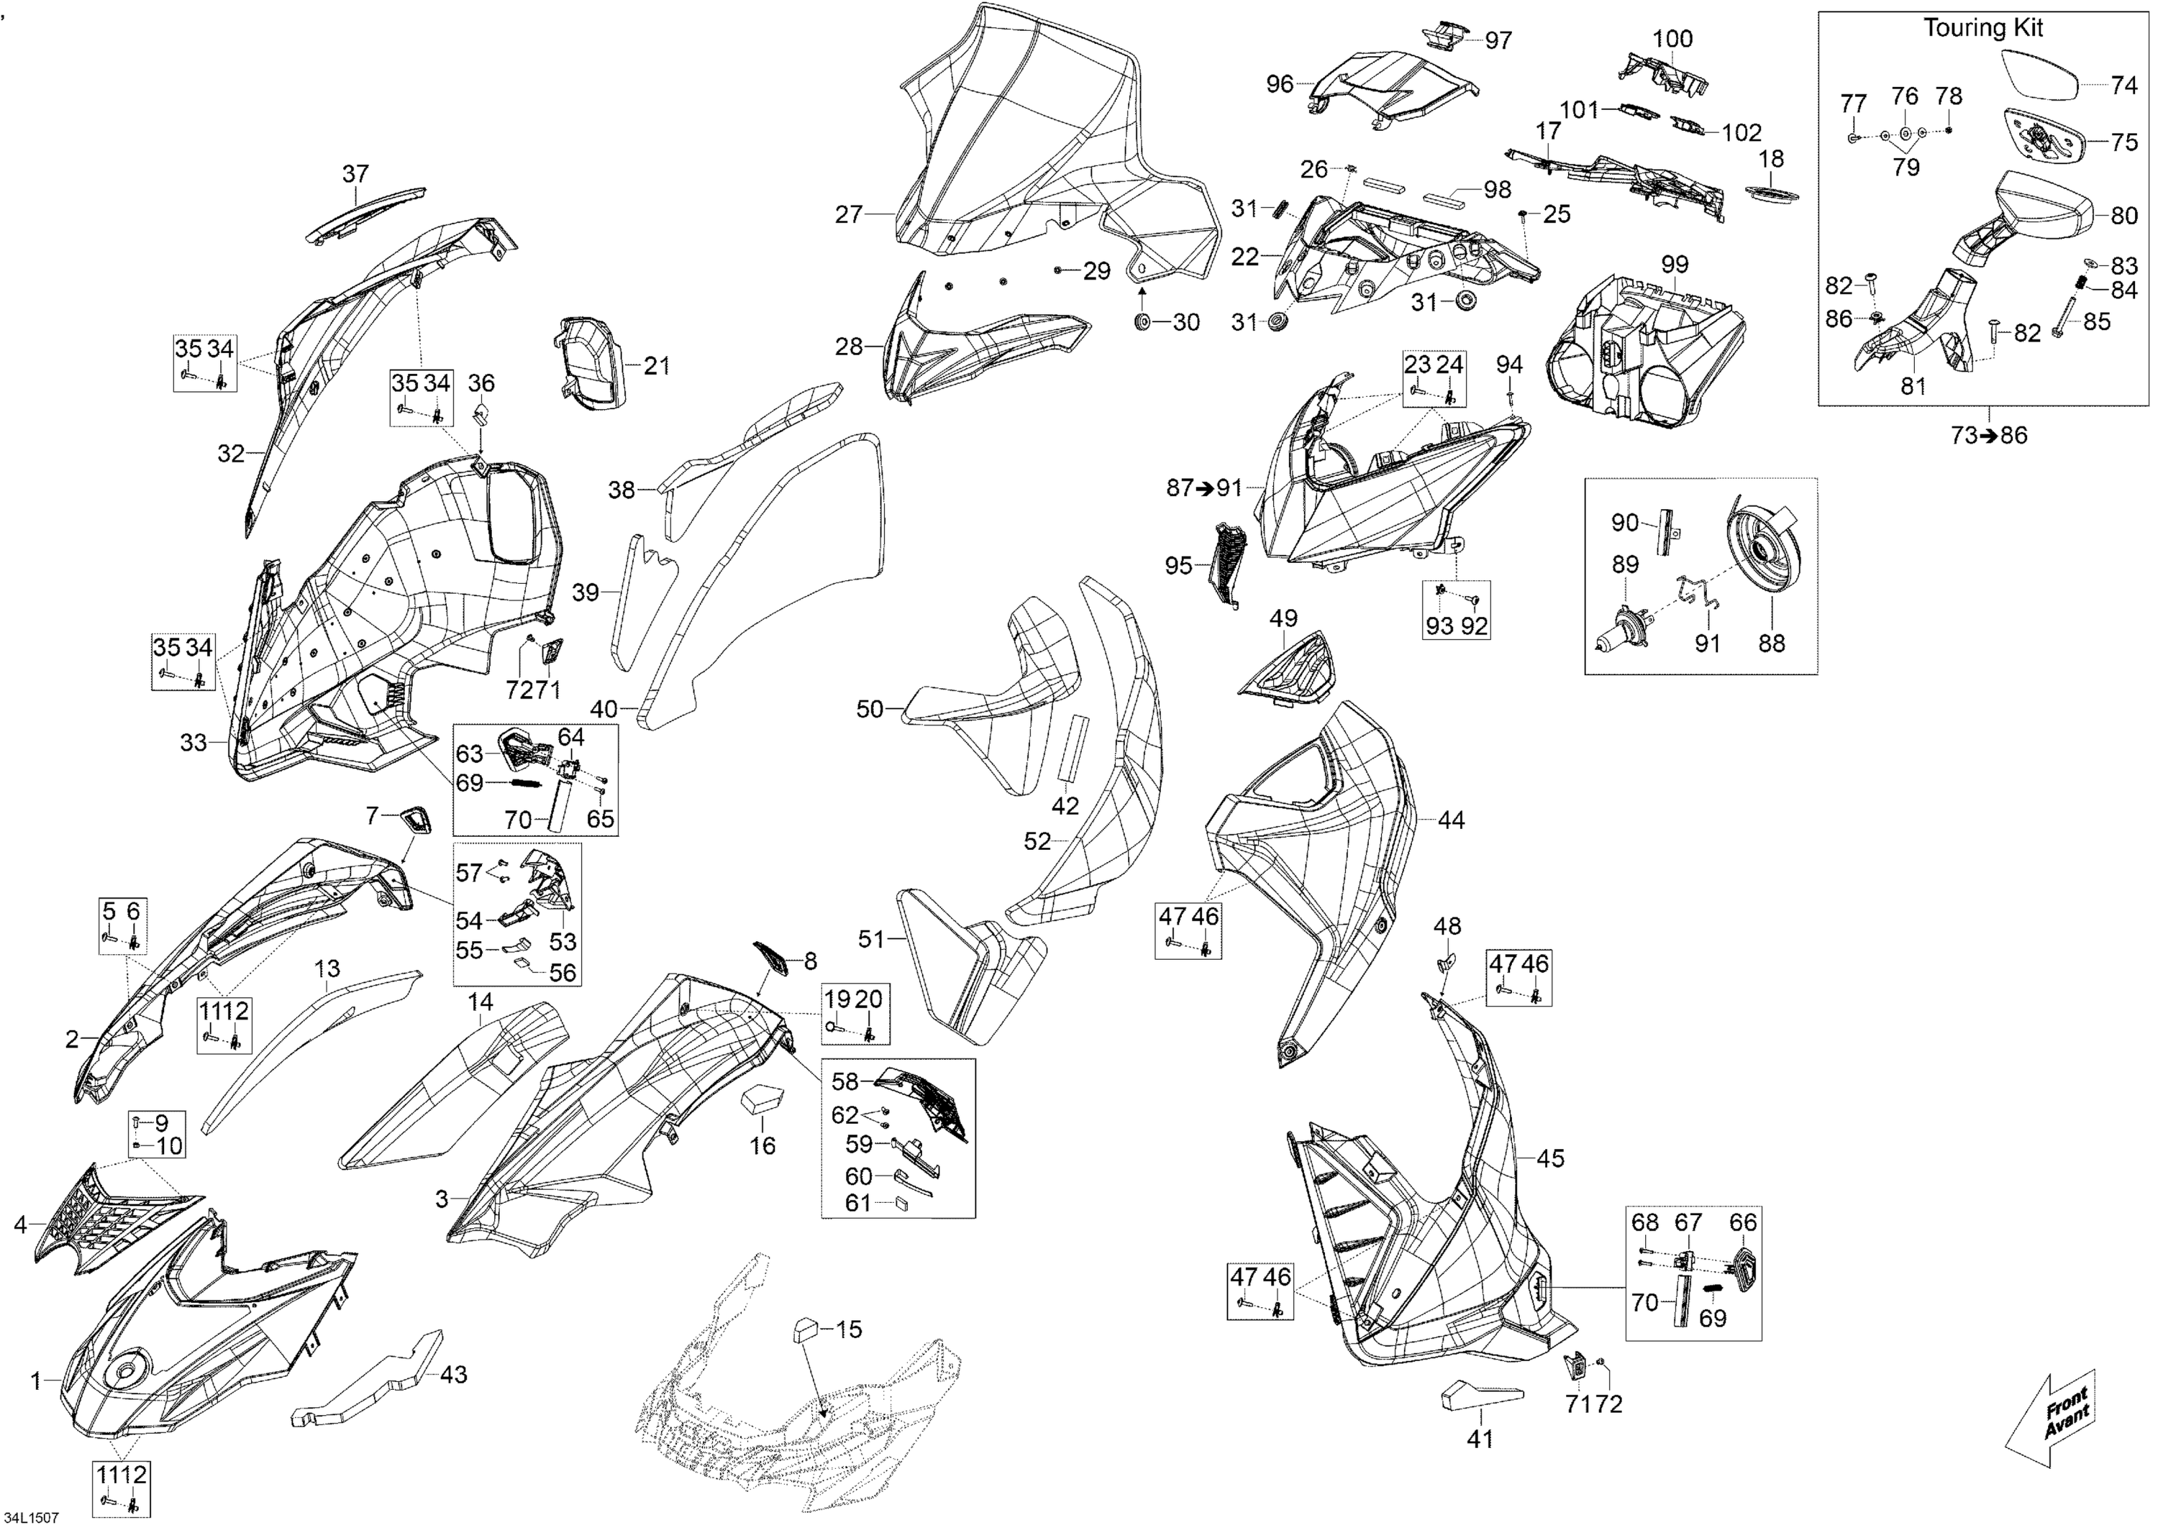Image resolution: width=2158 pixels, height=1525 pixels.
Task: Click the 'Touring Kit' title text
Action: (1982, 28)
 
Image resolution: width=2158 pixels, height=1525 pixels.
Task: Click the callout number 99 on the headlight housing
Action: (1675, 265)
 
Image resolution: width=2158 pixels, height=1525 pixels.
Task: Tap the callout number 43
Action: (454, 1375)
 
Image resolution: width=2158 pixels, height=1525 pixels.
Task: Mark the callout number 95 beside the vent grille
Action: (1179, 566)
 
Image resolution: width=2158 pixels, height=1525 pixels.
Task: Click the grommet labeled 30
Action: (1143, 322)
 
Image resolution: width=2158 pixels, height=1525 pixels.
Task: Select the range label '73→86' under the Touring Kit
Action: (1989, 436)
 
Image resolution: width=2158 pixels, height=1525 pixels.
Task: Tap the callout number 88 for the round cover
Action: (1772, 643)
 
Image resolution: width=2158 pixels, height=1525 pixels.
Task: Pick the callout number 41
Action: (1480, 1439)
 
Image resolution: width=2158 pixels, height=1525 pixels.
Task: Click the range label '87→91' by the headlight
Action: (1204, 487)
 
